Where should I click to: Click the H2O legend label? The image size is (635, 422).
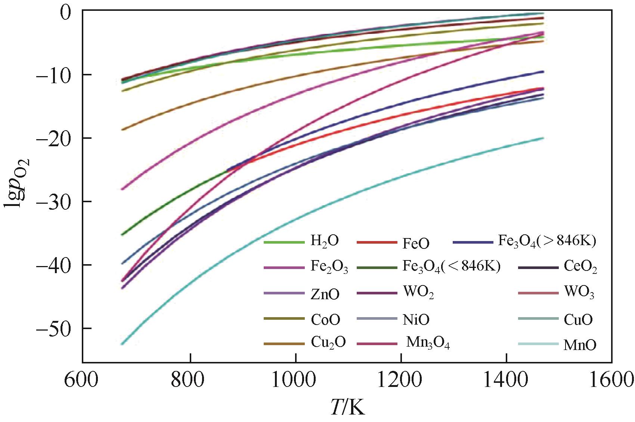324,241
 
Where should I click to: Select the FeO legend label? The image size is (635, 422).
416,244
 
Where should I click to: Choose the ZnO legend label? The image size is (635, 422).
325,294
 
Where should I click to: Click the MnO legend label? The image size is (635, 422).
579,345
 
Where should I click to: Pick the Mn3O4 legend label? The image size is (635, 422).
428,343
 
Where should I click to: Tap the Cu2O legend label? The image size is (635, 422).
328,343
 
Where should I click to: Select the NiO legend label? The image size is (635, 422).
416,320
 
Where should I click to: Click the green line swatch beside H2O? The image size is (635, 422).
284,243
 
